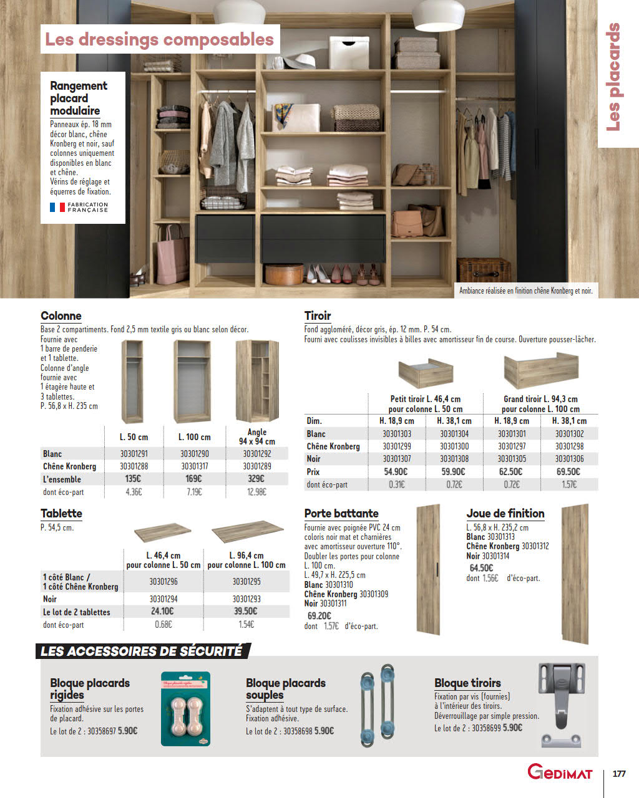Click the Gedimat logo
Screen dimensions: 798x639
pos(560,772)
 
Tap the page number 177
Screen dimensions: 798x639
pos(619,774)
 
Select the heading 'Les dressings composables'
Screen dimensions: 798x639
pos(160,39)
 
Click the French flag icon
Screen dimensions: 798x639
pos(57,207)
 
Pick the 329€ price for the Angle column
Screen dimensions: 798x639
pos(256,479)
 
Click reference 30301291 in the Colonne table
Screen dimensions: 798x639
pos(134,454)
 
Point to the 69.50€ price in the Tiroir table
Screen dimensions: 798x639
pos(568,472)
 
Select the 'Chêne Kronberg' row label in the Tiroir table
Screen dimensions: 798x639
pos(333,446)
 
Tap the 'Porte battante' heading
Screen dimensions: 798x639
pos(341,513)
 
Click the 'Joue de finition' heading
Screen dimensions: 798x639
pos(505,513)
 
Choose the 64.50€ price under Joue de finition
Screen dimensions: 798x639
pos(481,568)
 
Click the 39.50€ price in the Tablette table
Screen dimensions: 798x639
pos(246,612)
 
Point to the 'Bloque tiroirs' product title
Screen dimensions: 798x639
pos(467,683)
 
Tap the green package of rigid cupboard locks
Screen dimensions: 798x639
pos(185,709)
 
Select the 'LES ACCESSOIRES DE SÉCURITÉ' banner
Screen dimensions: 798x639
pos(142,651)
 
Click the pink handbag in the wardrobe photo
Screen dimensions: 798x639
pos(172,254)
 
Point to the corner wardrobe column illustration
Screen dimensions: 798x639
pos(256,380)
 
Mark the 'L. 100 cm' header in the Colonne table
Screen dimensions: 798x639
pos(194,437)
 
